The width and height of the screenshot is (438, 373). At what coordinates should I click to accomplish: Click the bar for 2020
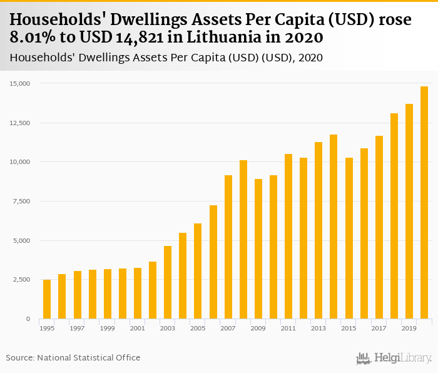pos(424,203)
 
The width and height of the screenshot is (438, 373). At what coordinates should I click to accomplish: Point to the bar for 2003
pos(168,282)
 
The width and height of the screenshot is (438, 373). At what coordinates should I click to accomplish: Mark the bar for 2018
pos(394,216)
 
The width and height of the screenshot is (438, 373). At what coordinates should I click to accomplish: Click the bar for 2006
pos(213,262)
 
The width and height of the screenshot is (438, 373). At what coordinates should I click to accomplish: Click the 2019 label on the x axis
pos(409,328)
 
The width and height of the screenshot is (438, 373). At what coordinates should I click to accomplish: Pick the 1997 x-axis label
pos(77,328)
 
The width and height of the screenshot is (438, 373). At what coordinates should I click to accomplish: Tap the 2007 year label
pos(228,328)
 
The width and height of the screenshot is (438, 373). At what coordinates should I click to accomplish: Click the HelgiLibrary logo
pos(394,358)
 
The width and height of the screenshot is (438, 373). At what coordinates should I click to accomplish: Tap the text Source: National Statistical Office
pos(73,357)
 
